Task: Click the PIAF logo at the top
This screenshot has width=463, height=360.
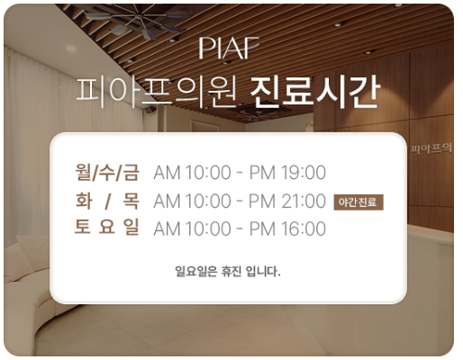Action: tap(229, 48)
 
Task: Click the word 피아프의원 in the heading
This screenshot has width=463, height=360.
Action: tap(157, 93)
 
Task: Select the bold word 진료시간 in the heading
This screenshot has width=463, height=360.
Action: tap(315, 92)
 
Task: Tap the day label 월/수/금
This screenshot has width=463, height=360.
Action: tap(107, 172)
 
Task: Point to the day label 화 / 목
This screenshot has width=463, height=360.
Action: tap(107, 201)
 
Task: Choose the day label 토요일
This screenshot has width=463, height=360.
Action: tap(107, 227)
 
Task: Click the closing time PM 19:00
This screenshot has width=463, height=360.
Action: tap(287, 173)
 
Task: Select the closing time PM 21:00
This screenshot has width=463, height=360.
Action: tap(287, 201)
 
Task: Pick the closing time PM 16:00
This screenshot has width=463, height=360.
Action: tap(287, 229)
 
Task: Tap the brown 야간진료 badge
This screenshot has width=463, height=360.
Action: tap(359, 202)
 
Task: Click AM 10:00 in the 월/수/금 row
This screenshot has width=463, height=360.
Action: tap(192, 173)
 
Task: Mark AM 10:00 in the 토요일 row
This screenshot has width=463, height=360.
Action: tap(192, 229)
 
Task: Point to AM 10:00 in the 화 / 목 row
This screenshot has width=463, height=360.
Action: tap(192, 201)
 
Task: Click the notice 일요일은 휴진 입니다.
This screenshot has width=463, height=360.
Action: tap(228, 272)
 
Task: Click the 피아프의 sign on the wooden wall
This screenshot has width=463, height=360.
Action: tap(431, 148)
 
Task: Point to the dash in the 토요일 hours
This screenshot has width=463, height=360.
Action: tap(240, 229)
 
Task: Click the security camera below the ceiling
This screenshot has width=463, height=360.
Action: tap(150, 110)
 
